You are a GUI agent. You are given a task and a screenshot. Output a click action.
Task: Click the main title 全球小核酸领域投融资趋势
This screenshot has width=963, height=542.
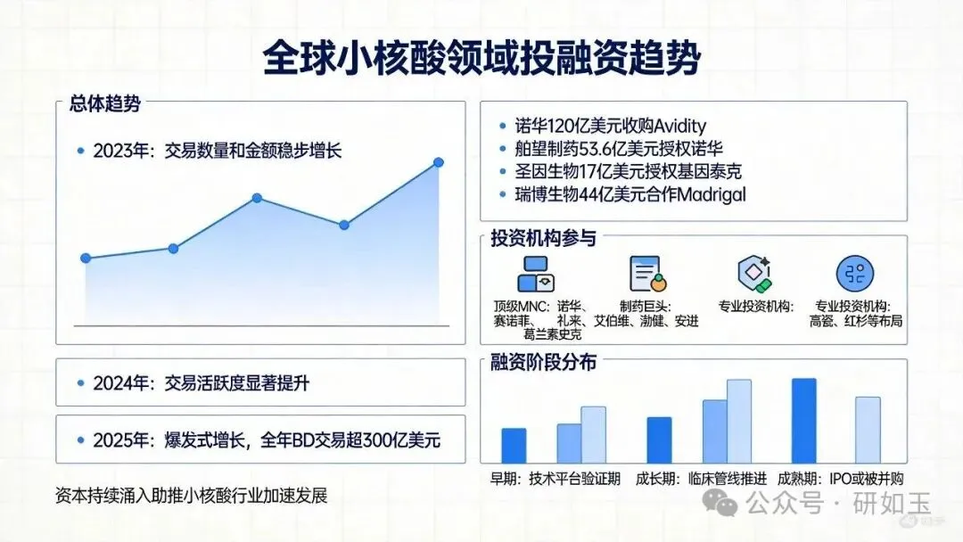481,58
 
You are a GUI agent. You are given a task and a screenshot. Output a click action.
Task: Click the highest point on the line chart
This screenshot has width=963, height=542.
439,162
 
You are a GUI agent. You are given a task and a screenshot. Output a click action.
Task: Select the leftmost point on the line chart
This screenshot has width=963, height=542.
86,259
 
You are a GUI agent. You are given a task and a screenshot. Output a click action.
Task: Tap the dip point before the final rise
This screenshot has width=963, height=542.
344,226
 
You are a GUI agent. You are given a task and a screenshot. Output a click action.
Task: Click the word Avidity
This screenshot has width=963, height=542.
679,127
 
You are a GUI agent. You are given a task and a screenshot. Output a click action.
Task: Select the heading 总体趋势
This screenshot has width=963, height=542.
105,103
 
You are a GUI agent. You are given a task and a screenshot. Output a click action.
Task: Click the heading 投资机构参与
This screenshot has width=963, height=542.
543,238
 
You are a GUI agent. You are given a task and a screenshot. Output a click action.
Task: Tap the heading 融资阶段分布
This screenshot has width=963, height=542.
543,362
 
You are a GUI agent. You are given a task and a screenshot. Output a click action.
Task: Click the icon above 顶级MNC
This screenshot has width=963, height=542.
536,274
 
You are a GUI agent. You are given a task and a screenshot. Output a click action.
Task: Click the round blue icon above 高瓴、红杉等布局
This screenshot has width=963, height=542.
855,274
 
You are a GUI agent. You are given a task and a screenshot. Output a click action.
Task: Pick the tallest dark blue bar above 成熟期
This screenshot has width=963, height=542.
804,421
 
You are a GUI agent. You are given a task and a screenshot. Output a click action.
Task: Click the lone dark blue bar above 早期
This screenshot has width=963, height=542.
514,446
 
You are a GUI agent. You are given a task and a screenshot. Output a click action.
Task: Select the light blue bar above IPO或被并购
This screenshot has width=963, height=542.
868,430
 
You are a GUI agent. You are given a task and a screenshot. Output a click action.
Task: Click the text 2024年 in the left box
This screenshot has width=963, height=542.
120,383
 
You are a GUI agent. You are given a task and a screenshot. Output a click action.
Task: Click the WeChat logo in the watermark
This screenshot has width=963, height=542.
720,502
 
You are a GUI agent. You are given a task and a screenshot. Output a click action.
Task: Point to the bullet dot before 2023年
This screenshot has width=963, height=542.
80,151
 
